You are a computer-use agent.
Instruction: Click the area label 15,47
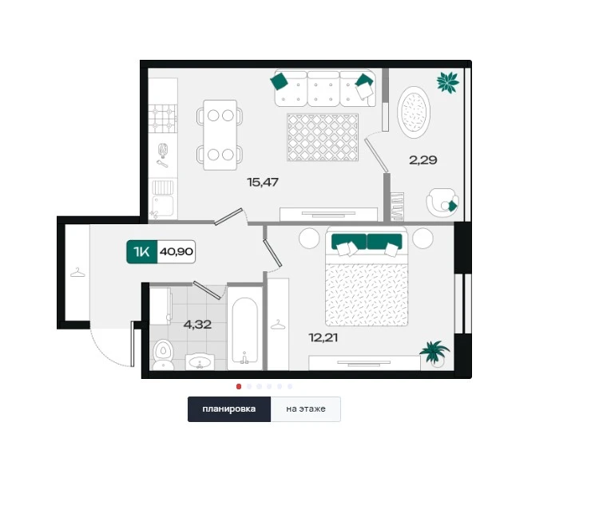coord(263,183)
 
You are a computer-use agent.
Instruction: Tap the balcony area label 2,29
coord(422,160)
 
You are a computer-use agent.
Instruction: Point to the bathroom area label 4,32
coord(197,325)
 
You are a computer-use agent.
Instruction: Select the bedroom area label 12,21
coord(323,337)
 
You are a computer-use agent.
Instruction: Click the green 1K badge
coord(141,252)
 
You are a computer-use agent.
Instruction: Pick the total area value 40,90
coord(177,252)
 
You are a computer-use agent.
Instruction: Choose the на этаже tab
coord(306,408)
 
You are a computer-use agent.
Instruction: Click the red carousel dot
coord(239,386)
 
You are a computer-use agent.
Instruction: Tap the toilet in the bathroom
coord(164,354)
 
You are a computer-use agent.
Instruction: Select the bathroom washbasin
coord(200,362)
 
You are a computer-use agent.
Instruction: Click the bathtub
coord(245,330)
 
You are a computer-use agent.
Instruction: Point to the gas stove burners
coord(163,118)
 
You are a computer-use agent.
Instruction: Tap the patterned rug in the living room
coord(323,137)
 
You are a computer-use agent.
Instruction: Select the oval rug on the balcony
coord(414,112)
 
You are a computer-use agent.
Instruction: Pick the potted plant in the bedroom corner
coord(434,353)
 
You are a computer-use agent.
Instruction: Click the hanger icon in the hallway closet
coord(77,273)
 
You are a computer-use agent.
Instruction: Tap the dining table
coord(220,135)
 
